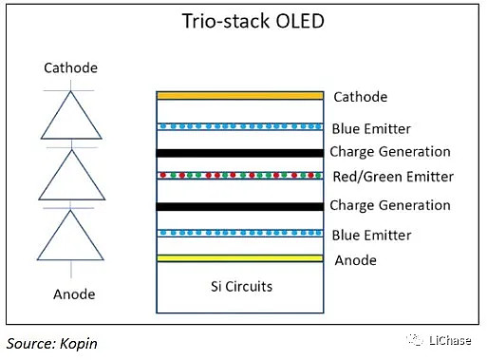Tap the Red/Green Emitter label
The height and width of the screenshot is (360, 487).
coord(392,177)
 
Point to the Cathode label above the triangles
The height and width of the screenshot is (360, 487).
coord(71,67)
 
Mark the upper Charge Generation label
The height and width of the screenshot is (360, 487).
coord(389,152)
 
